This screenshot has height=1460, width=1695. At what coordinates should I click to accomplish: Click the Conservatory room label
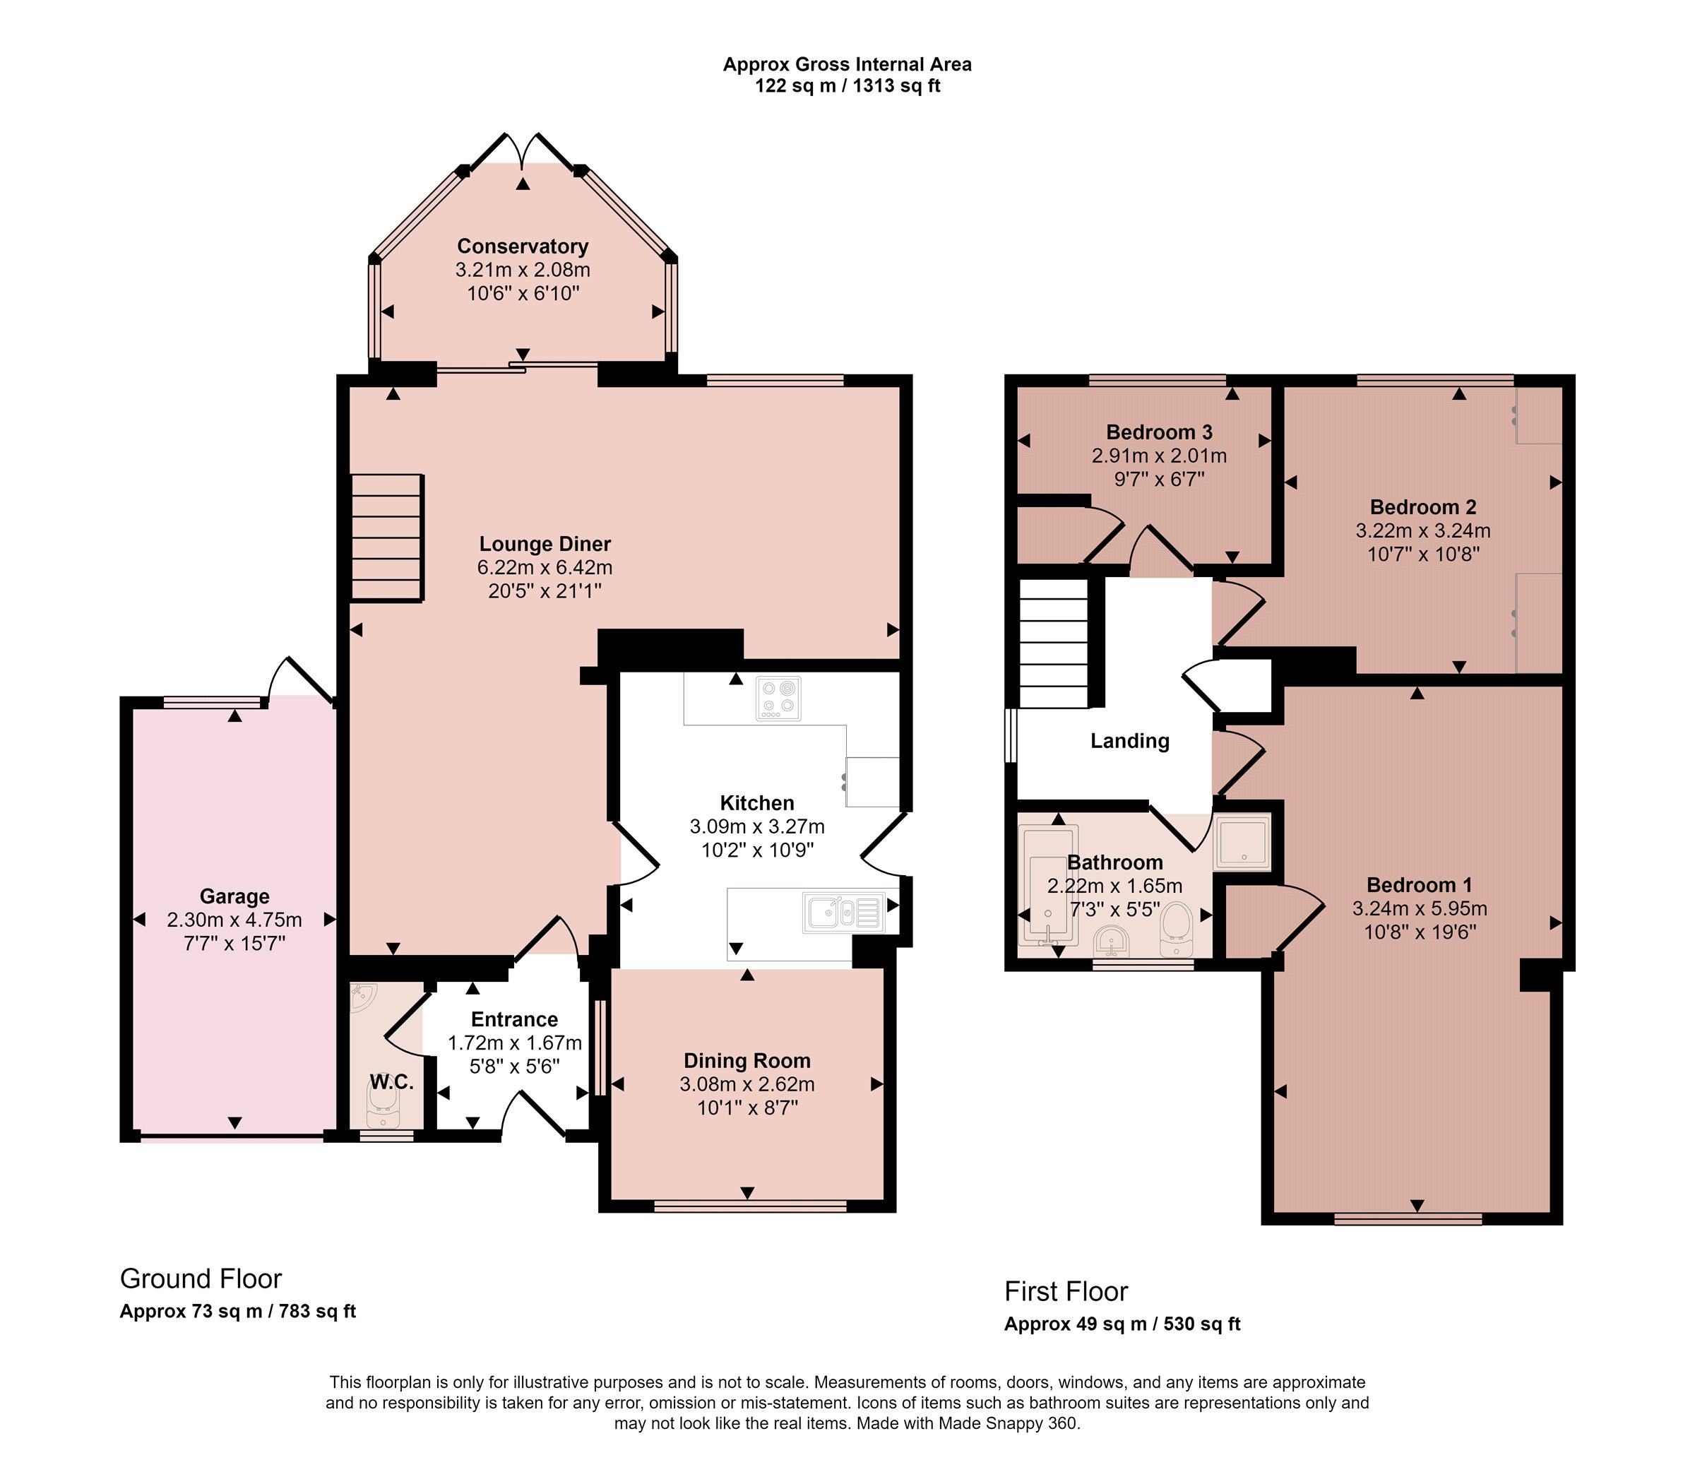click(523, 247)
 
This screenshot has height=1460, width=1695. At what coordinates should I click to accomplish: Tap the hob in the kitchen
click(779, 699)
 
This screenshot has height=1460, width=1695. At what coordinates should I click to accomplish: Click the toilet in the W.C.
click(382, 1106)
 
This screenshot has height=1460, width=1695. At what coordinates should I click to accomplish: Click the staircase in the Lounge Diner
click(387, 538)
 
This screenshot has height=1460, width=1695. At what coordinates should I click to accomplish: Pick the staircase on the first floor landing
click(1054, 643)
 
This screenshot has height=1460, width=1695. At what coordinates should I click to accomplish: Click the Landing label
click(1130, 741)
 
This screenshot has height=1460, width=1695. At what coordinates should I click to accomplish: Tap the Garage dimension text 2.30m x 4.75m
click(234, 920)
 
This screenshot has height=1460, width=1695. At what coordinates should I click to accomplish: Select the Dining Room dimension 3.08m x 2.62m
click(747, 1084)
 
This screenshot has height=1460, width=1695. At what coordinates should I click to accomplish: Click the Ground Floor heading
click(201, 1278)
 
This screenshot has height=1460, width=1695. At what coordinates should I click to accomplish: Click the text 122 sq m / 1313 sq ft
click(847, 86)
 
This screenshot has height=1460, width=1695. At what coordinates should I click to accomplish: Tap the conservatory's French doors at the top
click(523, 150)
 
